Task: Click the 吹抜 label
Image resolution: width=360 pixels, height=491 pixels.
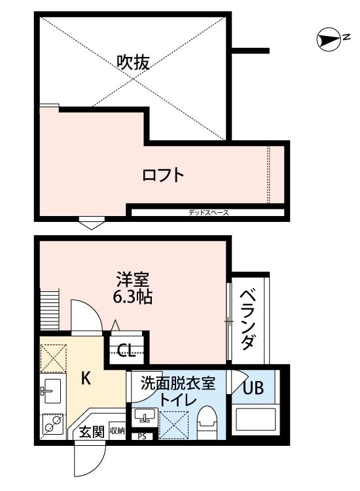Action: click(134, 62)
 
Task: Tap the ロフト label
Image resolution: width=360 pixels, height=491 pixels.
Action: click(163, 175)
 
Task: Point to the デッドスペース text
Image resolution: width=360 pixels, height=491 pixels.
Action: click(208, 212)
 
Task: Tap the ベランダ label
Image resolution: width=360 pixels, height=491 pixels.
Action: click(247, 318)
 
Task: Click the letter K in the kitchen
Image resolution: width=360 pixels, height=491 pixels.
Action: click(85, 377)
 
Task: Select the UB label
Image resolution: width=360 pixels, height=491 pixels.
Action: click(253, 388)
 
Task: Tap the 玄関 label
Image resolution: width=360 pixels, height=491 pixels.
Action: click(92, 431)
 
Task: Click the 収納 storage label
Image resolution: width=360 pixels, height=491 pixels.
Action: click(117, 431)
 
